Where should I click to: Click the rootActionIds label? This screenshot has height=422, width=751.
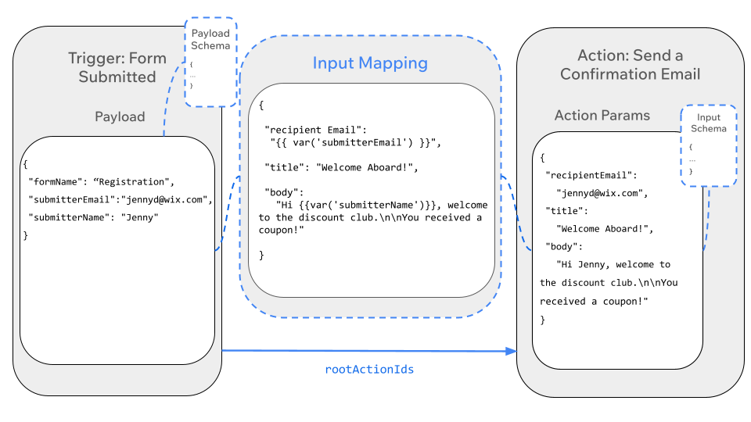pyautogui.click(x=369, y=369)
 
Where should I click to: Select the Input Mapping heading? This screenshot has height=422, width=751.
pyautogui.click(x=370, y=63)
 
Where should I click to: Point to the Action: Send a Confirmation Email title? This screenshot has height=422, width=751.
pyautogui.click(x=630, y=65)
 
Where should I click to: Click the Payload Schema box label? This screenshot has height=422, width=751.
pyautogui.click(x=211, y=39)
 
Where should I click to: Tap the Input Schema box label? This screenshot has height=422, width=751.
pyautogui.click(x=708, y=123)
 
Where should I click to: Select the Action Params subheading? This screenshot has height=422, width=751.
pyautogui.click(x=602, y=116)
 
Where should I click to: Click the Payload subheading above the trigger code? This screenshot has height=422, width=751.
pyautogui.click(x=120, y=116)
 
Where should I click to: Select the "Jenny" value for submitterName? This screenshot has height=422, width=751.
pyautogui.click(x=140, y=217)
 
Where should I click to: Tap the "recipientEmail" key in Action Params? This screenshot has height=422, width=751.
pyautogui.click(x=591, y=175)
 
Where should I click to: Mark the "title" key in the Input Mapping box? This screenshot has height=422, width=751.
pyautogui.click(x=285, y=167)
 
